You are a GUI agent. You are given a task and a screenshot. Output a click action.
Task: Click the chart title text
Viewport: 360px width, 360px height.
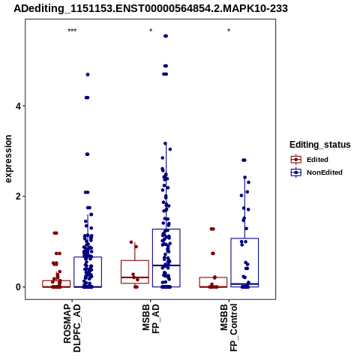click(151, 9)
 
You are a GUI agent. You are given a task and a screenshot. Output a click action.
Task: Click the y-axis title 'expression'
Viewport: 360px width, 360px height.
click(8, 159)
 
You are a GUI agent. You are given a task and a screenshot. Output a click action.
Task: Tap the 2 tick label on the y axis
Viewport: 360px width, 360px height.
click(18, 196)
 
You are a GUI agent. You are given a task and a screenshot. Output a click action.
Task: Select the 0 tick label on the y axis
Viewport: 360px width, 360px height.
click(18, 287)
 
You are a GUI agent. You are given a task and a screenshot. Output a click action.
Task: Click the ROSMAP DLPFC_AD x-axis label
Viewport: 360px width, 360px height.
click(72, 328)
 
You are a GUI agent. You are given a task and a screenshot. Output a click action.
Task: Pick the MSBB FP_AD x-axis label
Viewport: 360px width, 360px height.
click(151, 319)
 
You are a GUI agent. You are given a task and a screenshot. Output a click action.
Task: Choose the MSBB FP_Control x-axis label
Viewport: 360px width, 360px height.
click(229, 328)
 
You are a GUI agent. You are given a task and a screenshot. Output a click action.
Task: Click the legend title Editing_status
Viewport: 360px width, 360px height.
click(320, 145)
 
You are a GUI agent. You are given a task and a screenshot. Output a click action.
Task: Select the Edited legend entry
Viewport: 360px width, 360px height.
click(310, 160)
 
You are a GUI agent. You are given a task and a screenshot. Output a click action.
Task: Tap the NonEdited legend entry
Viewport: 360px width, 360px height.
click(316, 172)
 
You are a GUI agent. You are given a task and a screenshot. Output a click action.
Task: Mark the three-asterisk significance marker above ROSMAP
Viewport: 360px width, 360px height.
click(72, 31)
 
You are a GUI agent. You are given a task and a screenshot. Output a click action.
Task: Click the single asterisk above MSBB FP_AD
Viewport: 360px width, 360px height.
click(151, 31)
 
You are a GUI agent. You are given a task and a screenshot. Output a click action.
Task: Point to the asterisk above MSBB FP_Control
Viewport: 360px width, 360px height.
click(229, 31)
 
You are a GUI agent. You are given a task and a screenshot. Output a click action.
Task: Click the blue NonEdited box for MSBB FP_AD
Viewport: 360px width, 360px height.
click(166, 258)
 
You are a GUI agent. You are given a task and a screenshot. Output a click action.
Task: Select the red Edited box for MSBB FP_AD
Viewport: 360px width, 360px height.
click(135, 271)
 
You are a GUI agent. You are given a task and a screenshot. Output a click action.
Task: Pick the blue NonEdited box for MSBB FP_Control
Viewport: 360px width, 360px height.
click(244, 262)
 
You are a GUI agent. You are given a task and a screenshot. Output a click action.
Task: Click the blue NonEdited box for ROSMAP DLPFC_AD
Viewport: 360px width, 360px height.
click(88, 272)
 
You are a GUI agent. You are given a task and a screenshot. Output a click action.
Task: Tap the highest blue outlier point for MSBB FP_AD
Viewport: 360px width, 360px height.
click(166, 36)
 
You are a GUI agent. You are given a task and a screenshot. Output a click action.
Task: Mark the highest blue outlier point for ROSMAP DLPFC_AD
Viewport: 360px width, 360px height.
click(88, 74)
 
